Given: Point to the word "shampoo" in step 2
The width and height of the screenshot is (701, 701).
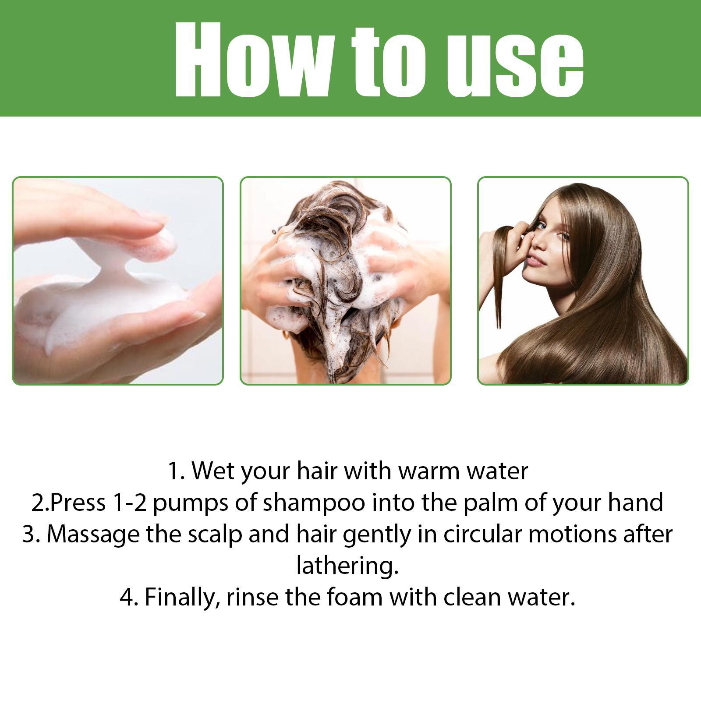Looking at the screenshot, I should point(314,503).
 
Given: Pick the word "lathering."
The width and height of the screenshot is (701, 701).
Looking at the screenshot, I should point(347,566).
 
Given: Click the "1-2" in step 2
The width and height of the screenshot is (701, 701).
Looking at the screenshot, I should point(130,503).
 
